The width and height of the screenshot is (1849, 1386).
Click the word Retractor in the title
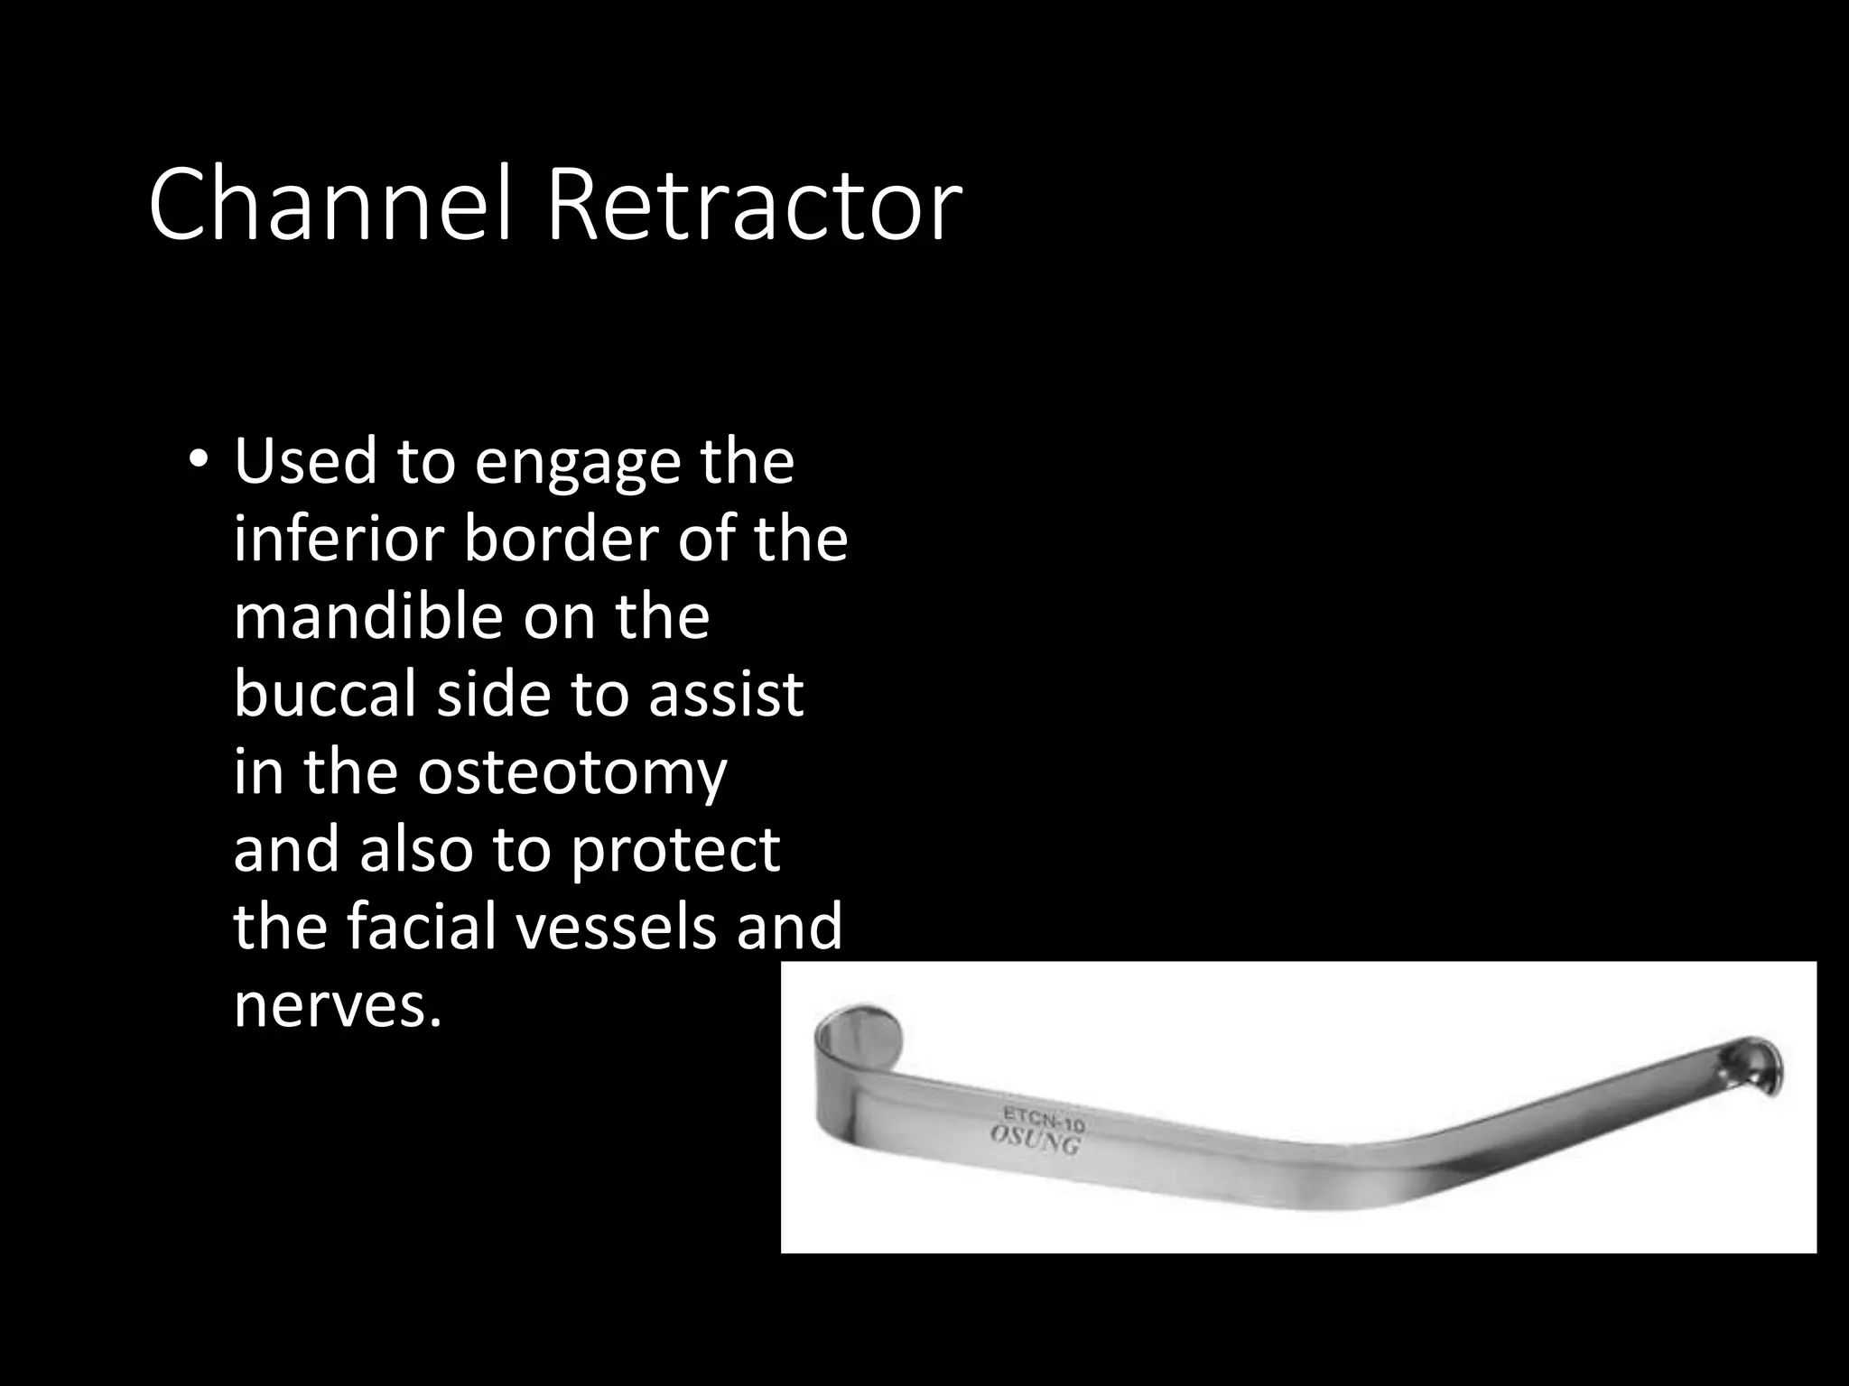click(753, 206)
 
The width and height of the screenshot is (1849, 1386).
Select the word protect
click(674, 851)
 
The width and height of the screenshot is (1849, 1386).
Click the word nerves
click(338, 1003)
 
